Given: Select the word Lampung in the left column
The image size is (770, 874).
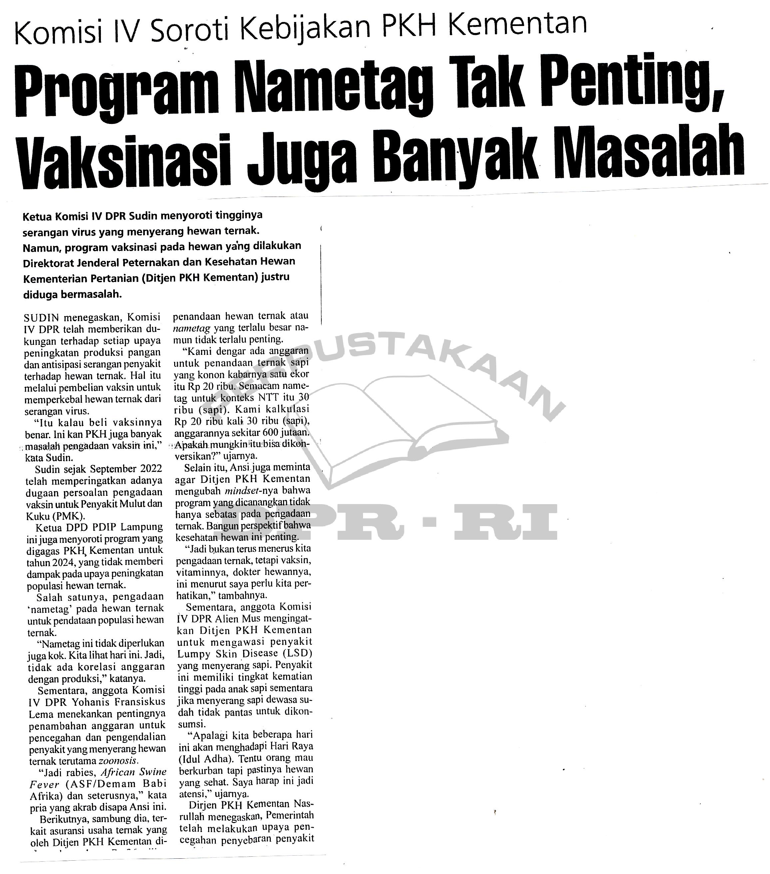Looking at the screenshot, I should [x=145, y=527].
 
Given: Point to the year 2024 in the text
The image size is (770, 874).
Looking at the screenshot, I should [x=51, y=562].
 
